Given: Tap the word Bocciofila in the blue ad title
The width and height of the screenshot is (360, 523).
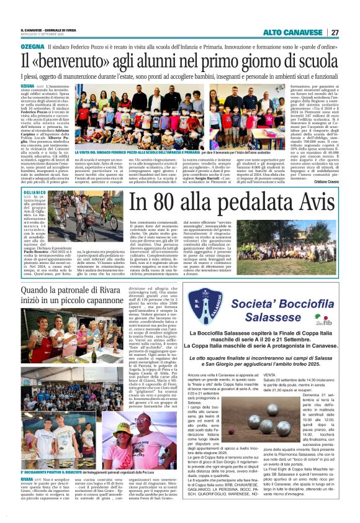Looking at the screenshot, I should (x=288, y=304).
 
